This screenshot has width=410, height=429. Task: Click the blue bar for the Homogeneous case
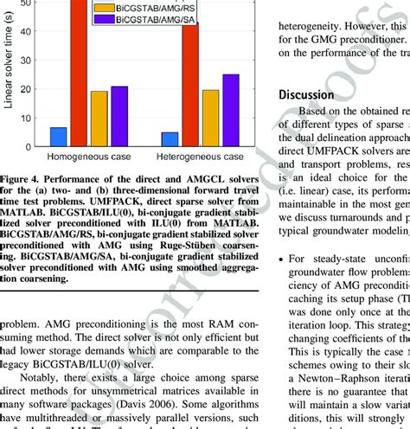(59, 136)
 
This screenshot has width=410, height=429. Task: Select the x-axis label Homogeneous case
(89, 157)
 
